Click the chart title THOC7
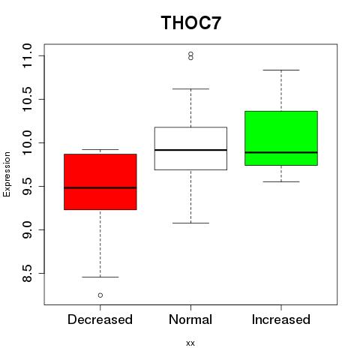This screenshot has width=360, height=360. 191,22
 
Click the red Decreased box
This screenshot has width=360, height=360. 100,181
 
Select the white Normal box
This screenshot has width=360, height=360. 190,148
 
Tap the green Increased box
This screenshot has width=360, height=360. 281,138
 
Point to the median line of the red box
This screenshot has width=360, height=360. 100,187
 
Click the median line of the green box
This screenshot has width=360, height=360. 281,152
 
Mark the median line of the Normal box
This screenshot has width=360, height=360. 190,150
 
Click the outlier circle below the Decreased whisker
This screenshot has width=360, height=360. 100,295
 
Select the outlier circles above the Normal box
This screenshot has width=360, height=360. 190,55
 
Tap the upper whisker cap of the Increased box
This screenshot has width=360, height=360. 281,70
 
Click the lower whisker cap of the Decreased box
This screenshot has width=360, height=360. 100,277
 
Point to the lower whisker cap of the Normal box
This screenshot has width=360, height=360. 190,223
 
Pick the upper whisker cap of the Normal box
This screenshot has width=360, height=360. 190,88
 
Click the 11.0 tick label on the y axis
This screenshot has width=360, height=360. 27,55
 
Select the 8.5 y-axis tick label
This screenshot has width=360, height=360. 27,273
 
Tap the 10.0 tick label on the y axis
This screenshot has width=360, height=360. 27,142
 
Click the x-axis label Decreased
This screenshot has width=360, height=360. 100,319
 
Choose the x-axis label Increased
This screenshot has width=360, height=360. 281,319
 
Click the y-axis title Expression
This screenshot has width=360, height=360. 7,174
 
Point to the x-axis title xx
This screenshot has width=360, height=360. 190,343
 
